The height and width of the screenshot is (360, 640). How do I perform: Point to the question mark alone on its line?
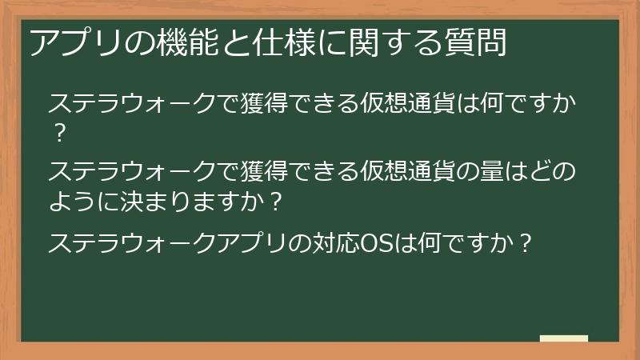[58, 133]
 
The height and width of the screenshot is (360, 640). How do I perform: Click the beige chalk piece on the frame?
[564, 339]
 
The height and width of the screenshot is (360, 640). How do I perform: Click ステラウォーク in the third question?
[134, 242]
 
